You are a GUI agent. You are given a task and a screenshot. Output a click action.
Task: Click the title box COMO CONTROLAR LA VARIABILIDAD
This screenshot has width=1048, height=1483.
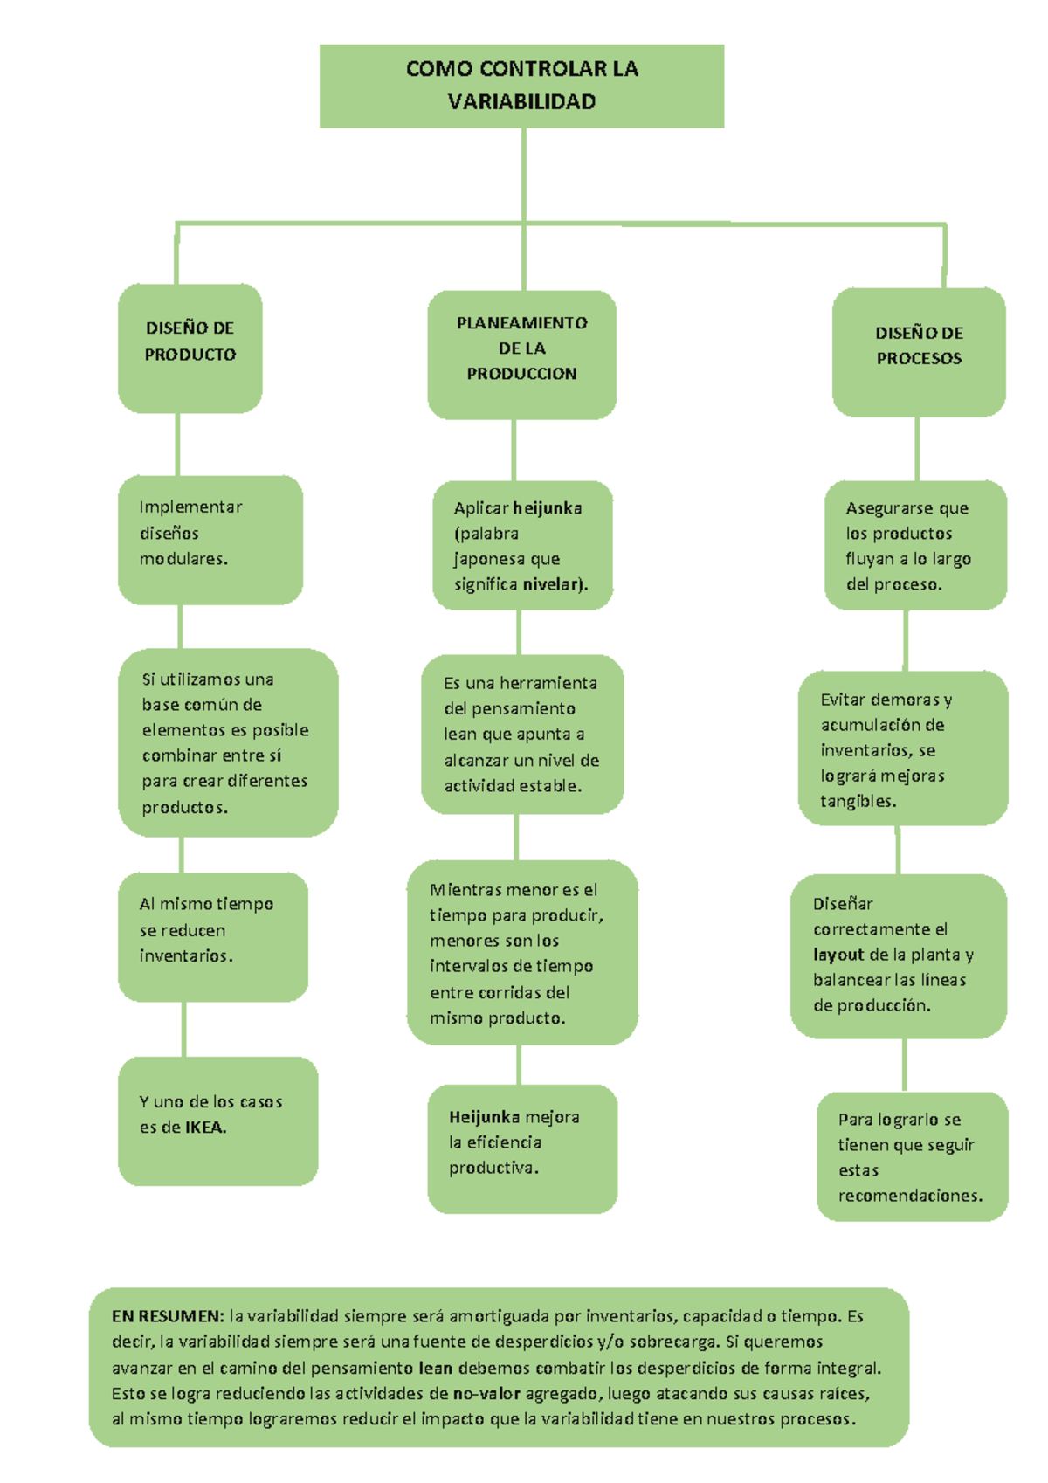point(521,86)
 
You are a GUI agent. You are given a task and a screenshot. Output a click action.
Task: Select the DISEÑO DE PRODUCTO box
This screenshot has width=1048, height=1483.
point(190,348)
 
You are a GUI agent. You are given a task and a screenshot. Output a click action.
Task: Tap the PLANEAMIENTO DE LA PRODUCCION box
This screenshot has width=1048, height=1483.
point(521,354)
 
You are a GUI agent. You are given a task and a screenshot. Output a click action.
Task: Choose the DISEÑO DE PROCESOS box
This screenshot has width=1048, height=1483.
point(919,351)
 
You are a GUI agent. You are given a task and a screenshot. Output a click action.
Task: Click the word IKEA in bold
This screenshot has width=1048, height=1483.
point(204,1128)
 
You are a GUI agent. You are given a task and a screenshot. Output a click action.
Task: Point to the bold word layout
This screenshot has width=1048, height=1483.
point(838,955)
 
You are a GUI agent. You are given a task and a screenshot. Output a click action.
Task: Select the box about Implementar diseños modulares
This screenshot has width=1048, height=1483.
point(210,539)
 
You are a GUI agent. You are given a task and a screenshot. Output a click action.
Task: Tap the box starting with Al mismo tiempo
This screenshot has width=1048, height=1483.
point(212,935)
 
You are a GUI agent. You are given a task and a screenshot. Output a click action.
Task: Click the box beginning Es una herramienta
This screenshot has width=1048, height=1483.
point(521,734)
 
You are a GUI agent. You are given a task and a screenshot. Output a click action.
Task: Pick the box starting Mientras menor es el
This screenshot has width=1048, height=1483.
point(521,952)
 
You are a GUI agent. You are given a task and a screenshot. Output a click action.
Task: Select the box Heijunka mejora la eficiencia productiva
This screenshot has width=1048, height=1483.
point(521,1148)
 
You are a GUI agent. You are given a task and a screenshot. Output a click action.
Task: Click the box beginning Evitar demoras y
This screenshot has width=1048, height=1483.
point(902,748)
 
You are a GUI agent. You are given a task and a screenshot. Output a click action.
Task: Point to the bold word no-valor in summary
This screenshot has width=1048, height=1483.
point(486,1393)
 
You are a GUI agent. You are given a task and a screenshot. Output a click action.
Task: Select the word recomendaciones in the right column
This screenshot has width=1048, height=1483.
point(909,1196)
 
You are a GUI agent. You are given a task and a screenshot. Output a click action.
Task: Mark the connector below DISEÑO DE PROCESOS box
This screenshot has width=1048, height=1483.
point(917,448)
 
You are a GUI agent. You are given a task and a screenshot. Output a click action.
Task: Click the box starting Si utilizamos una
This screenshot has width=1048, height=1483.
point(227,742)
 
